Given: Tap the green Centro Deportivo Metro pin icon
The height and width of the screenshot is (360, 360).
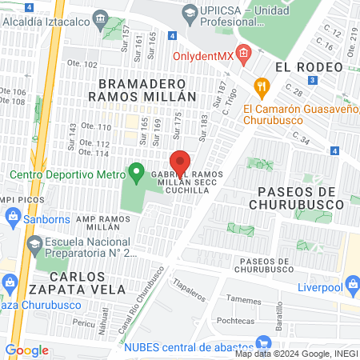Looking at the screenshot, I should point(136,172).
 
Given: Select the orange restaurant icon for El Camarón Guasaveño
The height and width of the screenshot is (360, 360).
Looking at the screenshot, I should point(260,86).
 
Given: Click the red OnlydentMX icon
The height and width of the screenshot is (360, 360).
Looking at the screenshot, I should point(243,55).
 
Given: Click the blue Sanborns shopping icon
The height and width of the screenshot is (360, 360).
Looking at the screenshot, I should point(13,215).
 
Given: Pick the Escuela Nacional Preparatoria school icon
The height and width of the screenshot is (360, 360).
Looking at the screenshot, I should point(34,242).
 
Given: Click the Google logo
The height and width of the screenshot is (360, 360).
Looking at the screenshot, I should point(26,350).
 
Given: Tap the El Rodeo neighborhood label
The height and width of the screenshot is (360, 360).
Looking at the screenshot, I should point(302,67).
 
